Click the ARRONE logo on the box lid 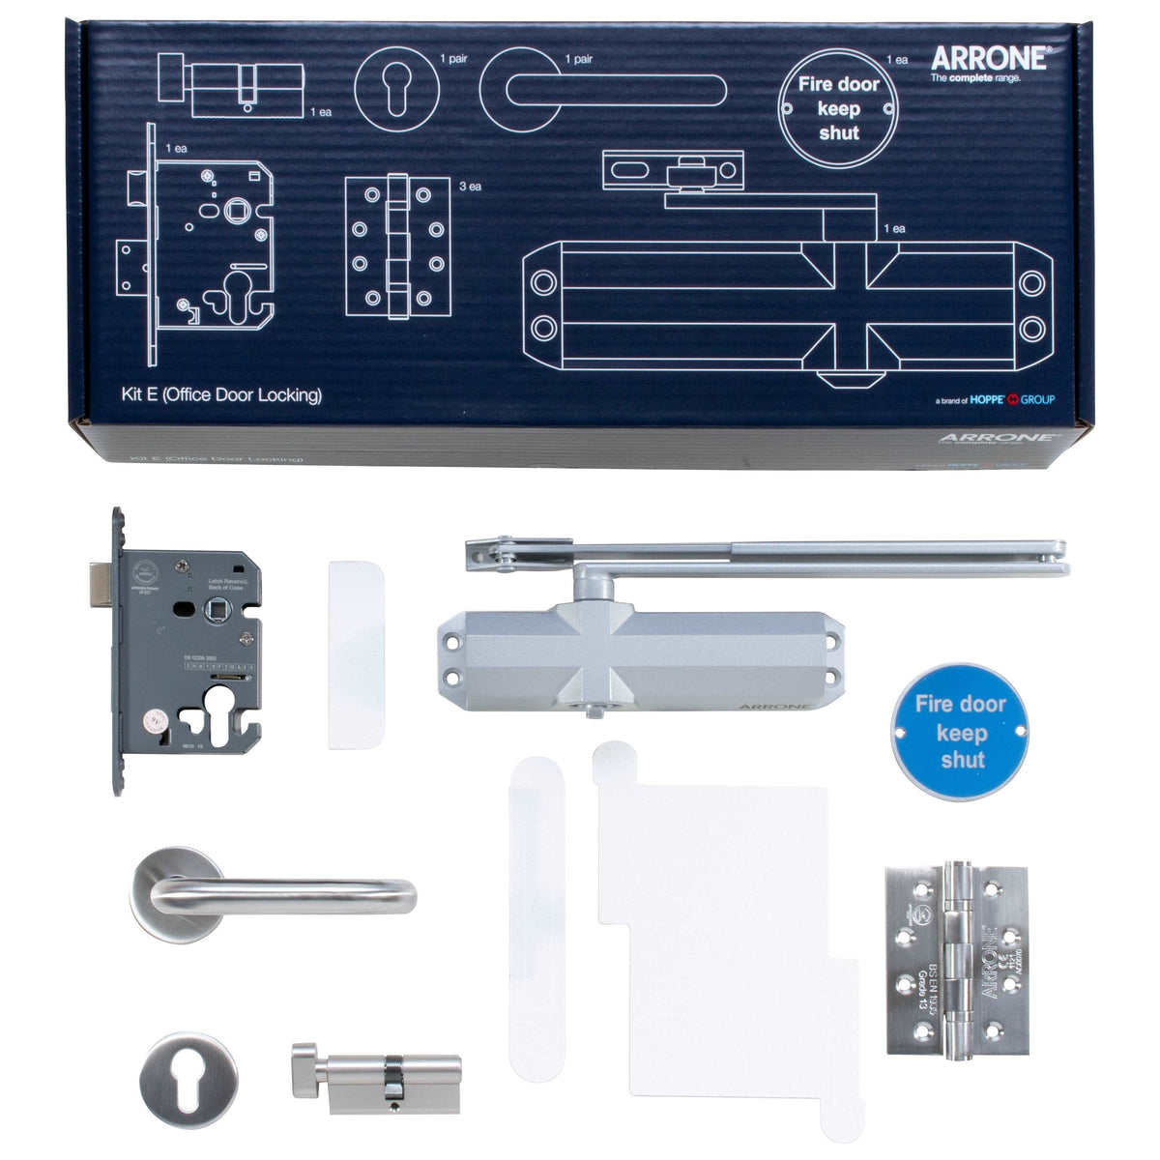coord(987,57)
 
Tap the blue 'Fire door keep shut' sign coord(962,732)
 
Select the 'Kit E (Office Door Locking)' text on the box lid coord(217,395)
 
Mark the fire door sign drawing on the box coord(838,108)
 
